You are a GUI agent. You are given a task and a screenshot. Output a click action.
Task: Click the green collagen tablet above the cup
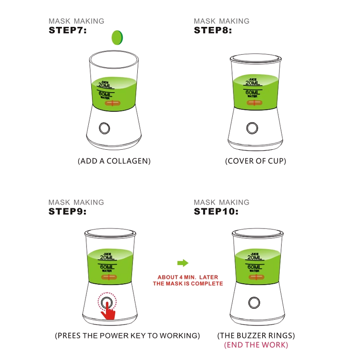click(x=117, y=37)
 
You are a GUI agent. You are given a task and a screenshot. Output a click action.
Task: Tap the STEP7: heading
click(x=68, y=30)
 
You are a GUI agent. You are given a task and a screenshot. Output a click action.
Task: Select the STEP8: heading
click(x=213, y=30)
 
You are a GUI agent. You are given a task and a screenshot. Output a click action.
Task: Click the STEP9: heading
click(x=68, y=212)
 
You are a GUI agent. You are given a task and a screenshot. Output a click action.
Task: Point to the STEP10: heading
click(x=216, y=212)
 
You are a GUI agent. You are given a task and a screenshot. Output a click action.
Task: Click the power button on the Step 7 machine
click(x=104, y=128)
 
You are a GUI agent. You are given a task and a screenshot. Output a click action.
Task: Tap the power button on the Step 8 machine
click(x=252, y=128)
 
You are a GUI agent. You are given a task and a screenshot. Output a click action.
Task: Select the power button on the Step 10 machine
click(x=254, y=302)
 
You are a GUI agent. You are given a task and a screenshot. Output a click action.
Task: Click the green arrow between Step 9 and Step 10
click(x=182, y=263)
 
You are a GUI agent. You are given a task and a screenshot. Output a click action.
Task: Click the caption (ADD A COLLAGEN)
click(x=114, y=161)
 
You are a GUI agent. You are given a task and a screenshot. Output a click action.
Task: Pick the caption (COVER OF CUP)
click(x=255, y=161)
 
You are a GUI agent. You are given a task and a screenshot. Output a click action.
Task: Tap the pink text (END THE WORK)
click(x=256, y=345)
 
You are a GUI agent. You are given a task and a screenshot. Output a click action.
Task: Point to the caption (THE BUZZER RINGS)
click(x=256, y=335)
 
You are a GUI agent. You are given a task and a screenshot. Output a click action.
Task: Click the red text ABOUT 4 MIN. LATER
click(x=188, y=277)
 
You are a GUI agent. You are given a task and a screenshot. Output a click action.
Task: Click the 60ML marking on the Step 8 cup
click(x=252, y=92)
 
